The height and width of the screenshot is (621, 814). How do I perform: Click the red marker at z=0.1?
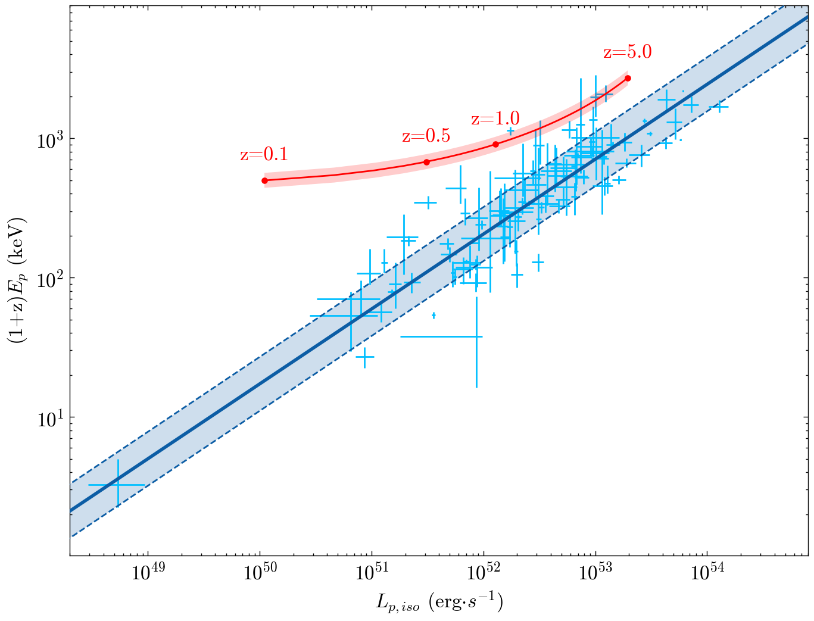tap(265, 180)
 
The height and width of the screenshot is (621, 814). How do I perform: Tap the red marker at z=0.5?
tap(426, 162)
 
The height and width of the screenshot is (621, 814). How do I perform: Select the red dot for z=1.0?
tap(495, 144)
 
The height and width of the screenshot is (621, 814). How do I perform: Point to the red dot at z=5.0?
tap(628, 78)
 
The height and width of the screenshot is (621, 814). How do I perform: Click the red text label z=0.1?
tap(264, 155)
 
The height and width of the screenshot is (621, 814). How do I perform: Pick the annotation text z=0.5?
tap(426, 136)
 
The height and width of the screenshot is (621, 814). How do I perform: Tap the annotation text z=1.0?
tap(495, 118)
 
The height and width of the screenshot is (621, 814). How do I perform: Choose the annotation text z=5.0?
tap(627, 52)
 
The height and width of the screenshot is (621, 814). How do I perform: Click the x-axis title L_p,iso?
tap(439, 603)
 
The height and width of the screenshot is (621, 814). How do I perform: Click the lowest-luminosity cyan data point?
tap(117, 485)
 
